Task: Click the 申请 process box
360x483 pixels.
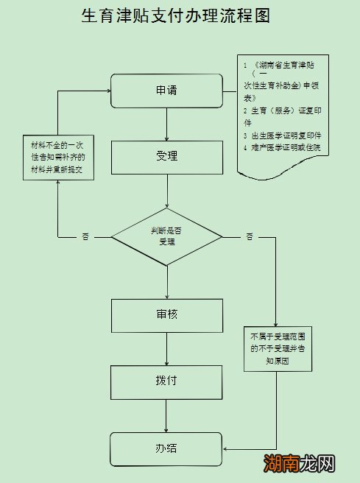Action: click(166, 91)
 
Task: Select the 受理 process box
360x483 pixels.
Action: click(166, 156)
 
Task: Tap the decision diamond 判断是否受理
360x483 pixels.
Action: click(166, 236)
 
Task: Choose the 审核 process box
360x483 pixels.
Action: click(166, 314)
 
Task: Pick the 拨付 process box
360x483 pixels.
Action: click(166, 381)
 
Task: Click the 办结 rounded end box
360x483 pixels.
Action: click(166, 448)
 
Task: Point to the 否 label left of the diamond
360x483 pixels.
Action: click(85, 237)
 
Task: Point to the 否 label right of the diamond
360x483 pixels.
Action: click(250, 237)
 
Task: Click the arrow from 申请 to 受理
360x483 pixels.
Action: click(167, 125)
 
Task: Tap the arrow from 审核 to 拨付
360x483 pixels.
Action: click(167, 349)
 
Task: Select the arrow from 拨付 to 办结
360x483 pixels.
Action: click(167, 415)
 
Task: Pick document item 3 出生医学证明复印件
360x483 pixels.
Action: click(286, 136)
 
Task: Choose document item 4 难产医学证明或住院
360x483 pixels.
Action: click(286, 148)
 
